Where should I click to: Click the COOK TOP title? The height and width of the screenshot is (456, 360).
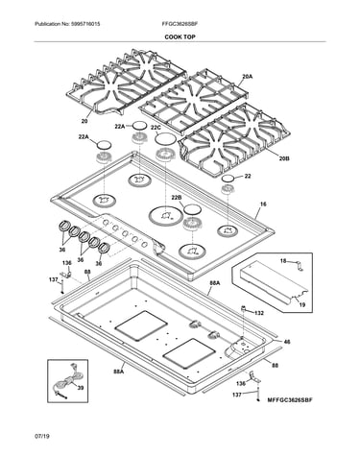click(180, 36)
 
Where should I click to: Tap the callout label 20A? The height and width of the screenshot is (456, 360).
click(247, 76)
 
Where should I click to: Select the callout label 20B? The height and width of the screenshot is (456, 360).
click(284, 158)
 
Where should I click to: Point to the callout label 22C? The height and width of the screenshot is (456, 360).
click(156, 128)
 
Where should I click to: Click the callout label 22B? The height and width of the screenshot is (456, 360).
click(177, 198)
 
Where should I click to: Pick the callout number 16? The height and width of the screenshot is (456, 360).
click(263, 204)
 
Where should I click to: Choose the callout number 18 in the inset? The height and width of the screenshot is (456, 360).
click(283, 261)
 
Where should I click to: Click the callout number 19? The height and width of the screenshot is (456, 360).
click(302, 305)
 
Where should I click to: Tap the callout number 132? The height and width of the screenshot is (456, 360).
click(259, 313)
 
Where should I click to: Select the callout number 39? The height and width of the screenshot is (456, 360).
click(81, 388)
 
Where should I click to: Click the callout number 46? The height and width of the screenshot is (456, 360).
click(287, 342)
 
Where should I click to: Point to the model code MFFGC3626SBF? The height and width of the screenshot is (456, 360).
click(290, 400)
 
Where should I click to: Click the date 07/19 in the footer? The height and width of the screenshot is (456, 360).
click(42, 436)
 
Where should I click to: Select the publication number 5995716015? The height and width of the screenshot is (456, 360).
click(85, 24)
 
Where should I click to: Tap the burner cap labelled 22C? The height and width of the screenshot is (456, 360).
click(165, 139)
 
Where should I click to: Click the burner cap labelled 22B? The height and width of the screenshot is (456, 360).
click(192, 209)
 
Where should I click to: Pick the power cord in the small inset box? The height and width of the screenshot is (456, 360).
click(67, 381)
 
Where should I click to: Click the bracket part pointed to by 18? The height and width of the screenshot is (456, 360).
click(300, 266)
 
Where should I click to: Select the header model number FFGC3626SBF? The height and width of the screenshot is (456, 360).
click(182, 24)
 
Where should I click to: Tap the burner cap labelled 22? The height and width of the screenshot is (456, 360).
click(228, 179)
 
